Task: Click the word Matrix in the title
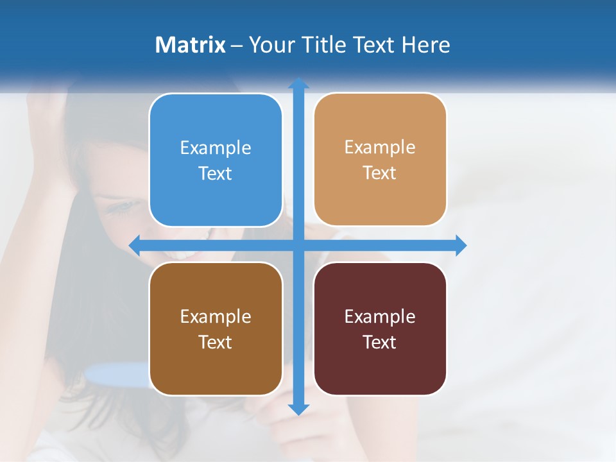click(x=190, y=45)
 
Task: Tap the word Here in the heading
click(x=425, y=45)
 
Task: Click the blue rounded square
click(x=216, y=160)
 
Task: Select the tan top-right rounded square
click(x=380, y=160)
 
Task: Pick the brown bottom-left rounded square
click(x=216, y=329)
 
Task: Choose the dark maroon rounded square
click(x=380, y=329)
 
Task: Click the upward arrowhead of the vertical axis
click(x=298, y=84)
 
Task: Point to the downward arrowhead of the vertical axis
click(x=298, y=409)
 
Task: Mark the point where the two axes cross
click(x=298, y=245)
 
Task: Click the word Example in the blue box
click(x=216, y=148)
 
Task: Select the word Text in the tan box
click(x=380, y=173)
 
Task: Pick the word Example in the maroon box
click(x=380, y=316)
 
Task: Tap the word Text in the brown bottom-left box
click(x=216, y=342)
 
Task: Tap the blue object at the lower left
click(x=116, y=373)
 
